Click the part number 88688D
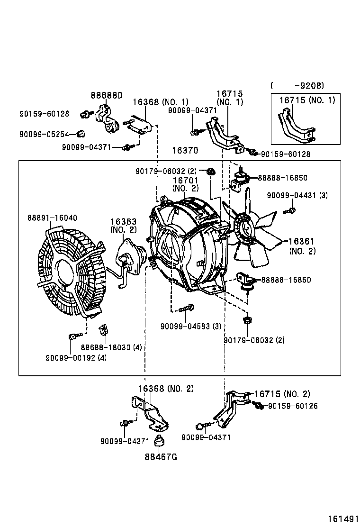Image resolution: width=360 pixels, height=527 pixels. click(x=107, y=95)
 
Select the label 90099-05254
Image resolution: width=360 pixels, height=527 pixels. click(x=44, y=134)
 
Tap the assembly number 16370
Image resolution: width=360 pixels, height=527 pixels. click(x=185, y=150)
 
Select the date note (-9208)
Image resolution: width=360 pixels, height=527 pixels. click(x=297, y=86)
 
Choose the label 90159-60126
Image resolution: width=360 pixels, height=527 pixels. click(x=293, y=406)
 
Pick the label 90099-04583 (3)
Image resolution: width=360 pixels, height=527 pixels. click(x=190, y=326)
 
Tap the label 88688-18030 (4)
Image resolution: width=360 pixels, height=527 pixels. click(x=111, y=347)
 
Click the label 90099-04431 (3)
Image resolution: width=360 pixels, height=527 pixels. click(x=297, y=195)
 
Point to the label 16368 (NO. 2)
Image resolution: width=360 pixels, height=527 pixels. click(x=166, y=389)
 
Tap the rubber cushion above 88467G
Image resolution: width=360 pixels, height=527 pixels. click(x=160, y=441)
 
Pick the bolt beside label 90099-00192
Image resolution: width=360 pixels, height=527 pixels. click(x=72, y=337)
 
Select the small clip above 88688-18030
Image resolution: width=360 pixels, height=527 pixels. click(x=102, y=329)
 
